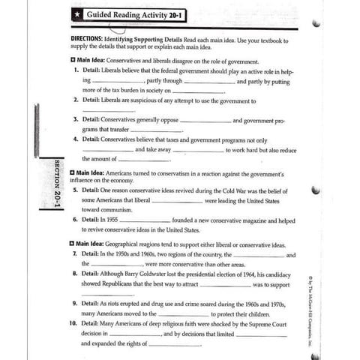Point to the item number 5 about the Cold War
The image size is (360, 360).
pyautogui.click(x=76, y=190)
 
